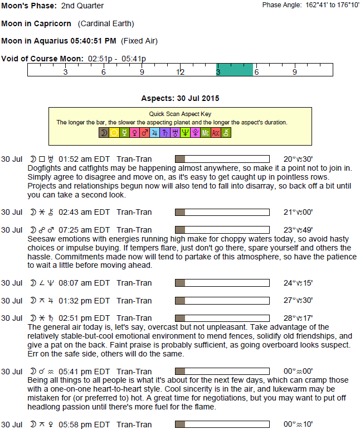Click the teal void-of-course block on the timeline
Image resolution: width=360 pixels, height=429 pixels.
pyautogui.click(x=235, y=70)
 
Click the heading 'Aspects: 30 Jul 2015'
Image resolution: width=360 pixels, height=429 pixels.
pyautogui.click(x=180, y=98)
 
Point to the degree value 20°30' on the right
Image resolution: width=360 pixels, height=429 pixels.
pyautogui.click(x=298, y=159)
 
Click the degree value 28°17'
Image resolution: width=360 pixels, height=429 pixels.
pyautogui.click(x=298, y=319)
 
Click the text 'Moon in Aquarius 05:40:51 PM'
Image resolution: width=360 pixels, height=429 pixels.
pyautogui.click(x=59, y=41)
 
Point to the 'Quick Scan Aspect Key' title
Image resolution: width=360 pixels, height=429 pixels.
pyautogui.click(x=180, y=113)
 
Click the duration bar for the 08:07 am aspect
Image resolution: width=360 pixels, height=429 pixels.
pyautogui.click(x=222, y=283)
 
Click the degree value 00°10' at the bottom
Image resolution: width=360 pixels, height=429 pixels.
pyautogui.click(x=298, y=425)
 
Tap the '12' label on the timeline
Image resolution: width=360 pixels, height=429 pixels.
pyautogui.click(x=181, y=72)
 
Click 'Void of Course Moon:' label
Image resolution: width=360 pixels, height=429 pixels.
pyautogui.click(x=42, y=59)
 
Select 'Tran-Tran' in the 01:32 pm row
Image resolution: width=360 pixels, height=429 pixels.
pyautogui.click(x=134, y=301)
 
